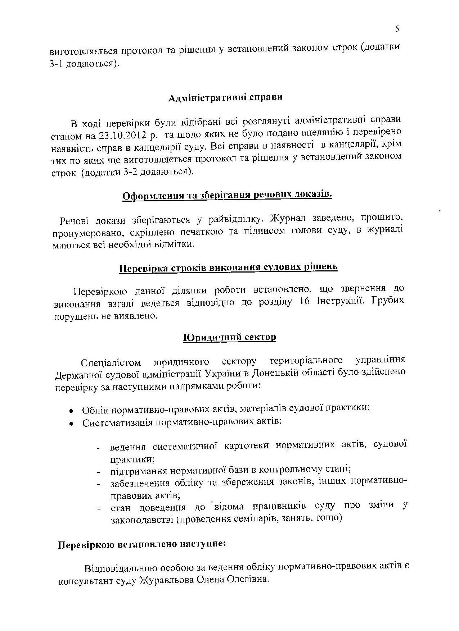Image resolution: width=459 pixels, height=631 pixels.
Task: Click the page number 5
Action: pyautogui.click(x=397, y=29)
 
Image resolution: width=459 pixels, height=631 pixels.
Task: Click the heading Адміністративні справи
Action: pyautogui.click(x=226, y=98)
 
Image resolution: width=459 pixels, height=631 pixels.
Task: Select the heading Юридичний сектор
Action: pyautogui.click(x=230, y=337)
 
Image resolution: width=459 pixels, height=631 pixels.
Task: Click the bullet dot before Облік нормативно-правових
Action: pyautogui.click(x=72, y=411)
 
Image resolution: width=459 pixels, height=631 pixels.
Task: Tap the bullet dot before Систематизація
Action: pyautogui.click(x=72, y=424)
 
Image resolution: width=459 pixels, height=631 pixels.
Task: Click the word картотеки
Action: pyautogui.click(x=246, y=446)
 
